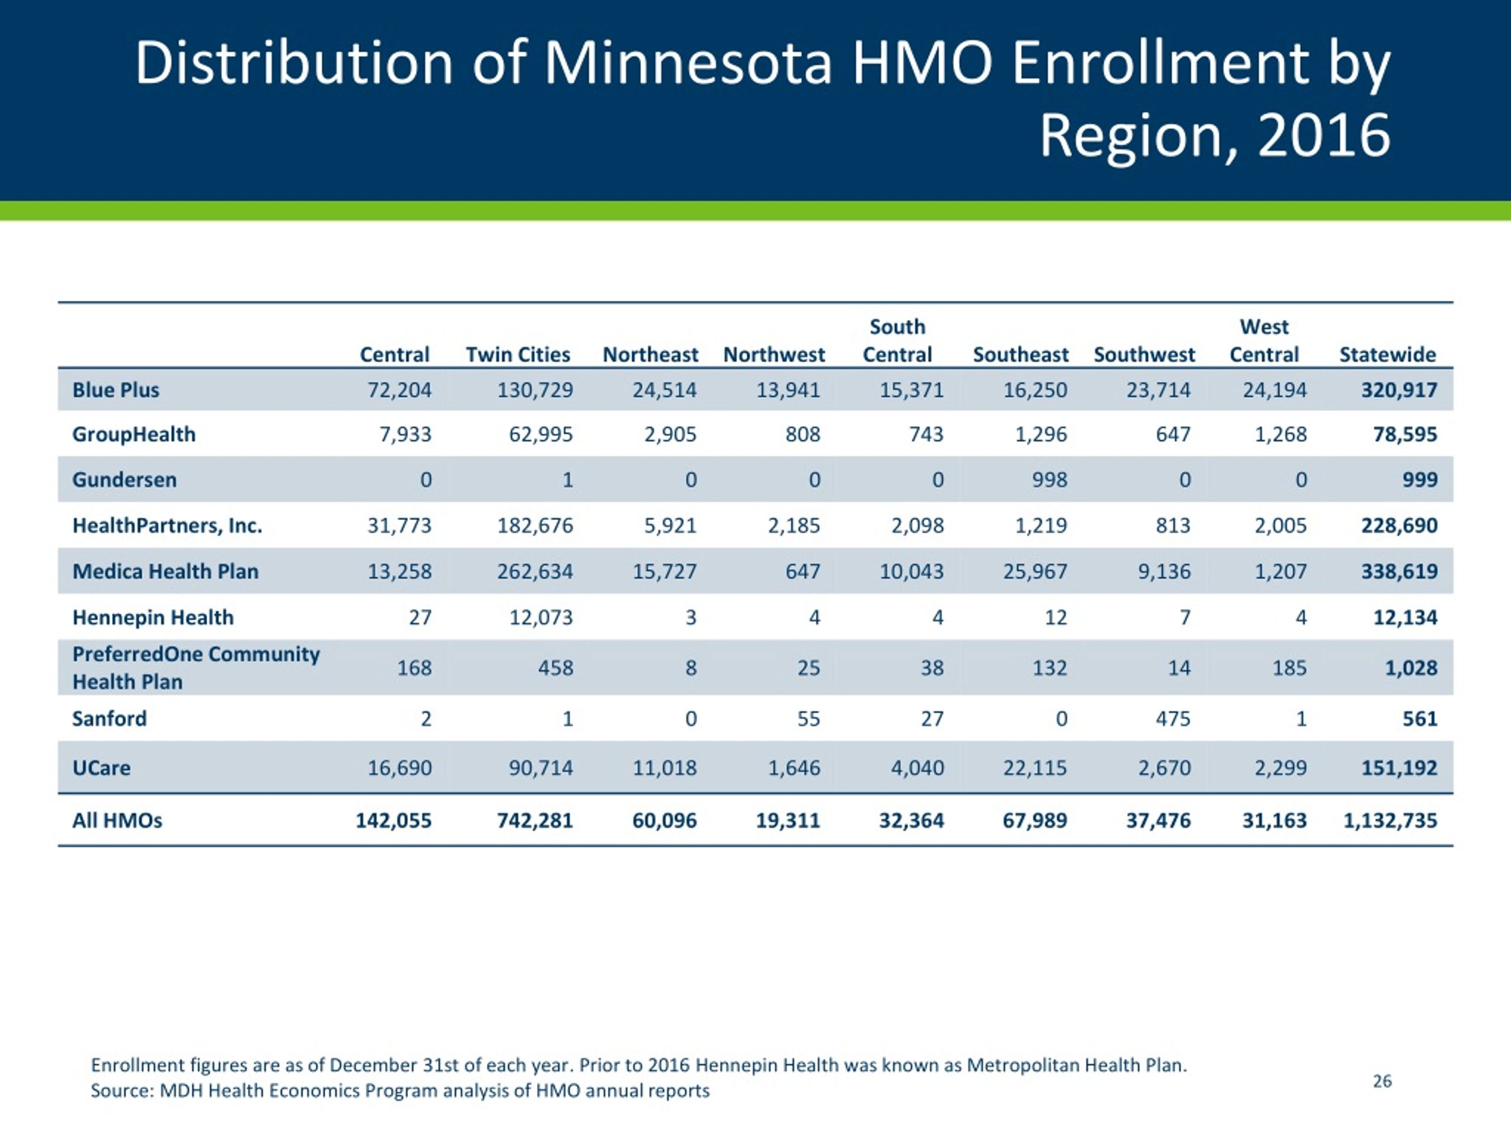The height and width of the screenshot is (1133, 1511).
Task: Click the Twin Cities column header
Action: [x=518, y=355]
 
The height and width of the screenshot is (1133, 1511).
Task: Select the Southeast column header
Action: [x=1021, y=355]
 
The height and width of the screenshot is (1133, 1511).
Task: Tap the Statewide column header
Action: [x=1388, y=355]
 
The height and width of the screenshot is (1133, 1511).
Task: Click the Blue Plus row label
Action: [x=116, y=390]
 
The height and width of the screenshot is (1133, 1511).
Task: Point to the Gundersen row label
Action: [x=125, y=479]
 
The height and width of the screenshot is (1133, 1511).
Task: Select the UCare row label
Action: [x=101, y=768]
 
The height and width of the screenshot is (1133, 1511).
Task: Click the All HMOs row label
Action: [x=117, y=820]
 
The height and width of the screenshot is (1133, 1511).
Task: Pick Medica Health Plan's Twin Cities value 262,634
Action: [x=535, y=571]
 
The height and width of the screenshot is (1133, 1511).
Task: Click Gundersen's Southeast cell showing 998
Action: [x=1049, y=479]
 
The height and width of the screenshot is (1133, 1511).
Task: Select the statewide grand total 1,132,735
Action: [x=1390, y=820]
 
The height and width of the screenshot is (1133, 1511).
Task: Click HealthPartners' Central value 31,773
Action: [x=400, y=525]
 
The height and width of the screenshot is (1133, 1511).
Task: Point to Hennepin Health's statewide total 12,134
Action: [x=1405, y=617]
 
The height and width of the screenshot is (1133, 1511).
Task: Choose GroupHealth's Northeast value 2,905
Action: [x=670, y=434]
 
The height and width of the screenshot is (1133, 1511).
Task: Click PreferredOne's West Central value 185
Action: [x=1289, y=667]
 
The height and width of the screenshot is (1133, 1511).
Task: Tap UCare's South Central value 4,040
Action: [x=917, y=768]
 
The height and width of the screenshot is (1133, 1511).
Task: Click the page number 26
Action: [x=1382, y=1081]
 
